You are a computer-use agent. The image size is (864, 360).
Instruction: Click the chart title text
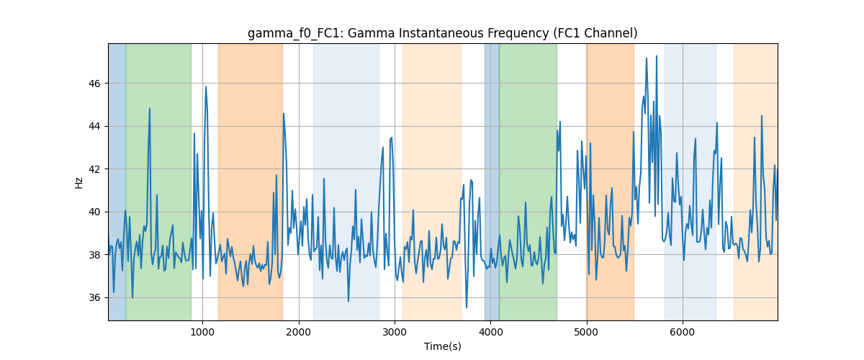[x=442, y=33]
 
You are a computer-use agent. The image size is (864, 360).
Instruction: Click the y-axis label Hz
[x=78, y=183]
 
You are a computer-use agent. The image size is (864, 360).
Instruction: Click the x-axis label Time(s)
[x=442, y=346]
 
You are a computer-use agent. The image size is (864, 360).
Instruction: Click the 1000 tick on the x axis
[x=202, y=332]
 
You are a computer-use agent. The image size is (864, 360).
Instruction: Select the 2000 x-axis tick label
[x=299, y=332]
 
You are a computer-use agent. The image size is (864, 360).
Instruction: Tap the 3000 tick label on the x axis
[x=395, y=332]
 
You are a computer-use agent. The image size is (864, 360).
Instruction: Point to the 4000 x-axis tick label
[x=490, y=332]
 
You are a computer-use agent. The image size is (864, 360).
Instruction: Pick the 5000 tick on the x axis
[x=586, y=332]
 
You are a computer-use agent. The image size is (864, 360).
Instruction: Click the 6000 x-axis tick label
[x=683, y=332]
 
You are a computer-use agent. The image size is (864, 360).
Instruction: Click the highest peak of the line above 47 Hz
[x=657, y=55]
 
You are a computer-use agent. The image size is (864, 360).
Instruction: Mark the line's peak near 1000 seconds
[x=206, y=86]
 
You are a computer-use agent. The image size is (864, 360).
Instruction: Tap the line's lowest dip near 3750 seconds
[x=467, y=308]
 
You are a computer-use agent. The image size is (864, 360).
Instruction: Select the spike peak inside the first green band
[x=150, y=109]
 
